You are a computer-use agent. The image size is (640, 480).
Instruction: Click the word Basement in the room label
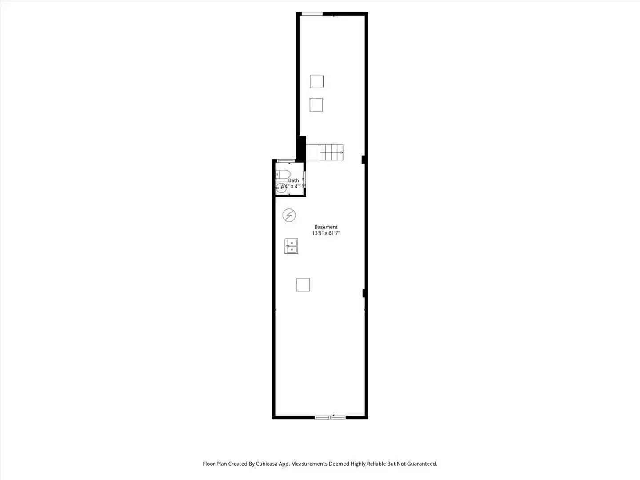point(326,227)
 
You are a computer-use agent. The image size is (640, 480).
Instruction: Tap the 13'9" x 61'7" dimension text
point(326,233)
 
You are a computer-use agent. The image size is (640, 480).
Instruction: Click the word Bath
point(293,180)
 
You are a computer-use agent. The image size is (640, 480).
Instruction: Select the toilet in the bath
point(283,174)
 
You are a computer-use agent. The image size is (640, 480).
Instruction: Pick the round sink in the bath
point(281,188)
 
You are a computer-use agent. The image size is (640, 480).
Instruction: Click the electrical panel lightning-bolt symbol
point(289,216)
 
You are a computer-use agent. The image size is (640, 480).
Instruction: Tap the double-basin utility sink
point(291,246)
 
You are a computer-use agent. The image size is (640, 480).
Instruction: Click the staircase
point(325,152)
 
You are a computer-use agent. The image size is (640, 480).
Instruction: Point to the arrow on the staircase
point(341,152)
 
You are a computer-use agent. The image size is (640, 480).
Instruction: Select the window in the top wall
point(312,14)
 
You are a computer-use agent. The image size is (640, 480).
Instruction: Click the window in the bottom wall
point(330,417)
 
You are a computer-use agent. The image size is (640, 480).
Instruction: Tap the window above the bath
point(286,160)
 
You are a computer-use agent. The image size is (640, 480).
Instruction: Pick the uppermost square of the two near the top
point(316,81)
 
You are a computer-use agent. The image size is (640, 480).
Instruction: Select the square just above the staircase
point(316,105)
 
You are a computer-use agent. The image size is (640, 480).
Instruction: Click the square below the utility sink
point(303,284)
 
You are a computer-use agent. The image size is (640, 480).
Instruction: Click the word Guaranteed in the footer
point(422,464)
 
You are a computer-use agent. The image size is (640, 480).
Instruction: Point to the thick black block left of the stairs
point(302,148)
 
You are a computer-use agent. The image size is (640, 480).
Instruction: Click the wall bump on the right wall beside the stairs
point(364,159)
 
